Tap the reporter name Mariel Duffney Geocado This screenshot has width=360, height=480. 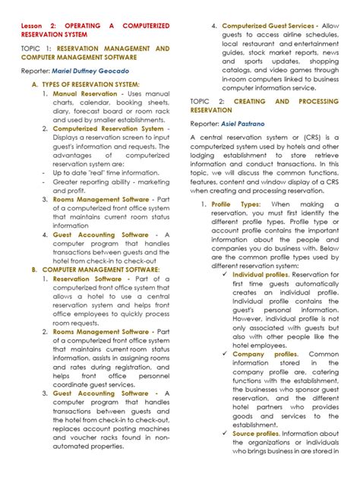[x=91, y=71]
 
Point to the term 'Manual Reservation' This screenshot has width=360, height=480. [x=85, y=93]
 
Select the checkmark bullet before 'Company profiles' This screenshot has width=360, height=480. [x=226, y=354]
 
